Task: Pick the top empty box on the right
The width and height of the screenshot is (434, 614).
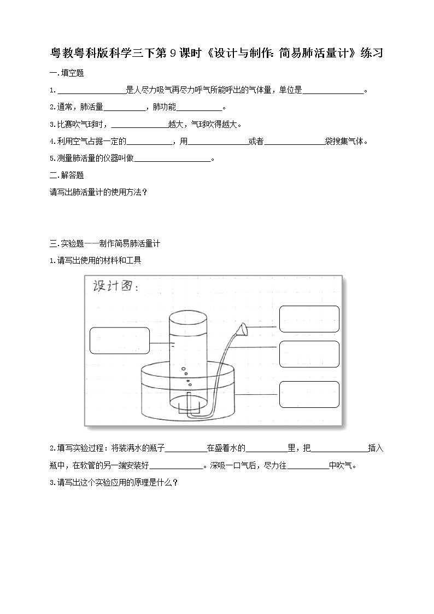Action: point(309,319)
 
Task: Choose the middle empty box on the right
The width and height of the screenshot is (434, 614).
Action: point(309,354)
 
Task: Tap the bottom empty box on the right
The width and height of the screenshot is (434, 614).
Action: point(309,394)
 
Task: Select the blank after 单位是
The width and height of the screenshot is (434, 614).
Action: point(333,91)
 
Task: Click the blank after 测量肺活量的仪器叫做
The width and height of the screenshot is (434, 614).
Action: point(172,159)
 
